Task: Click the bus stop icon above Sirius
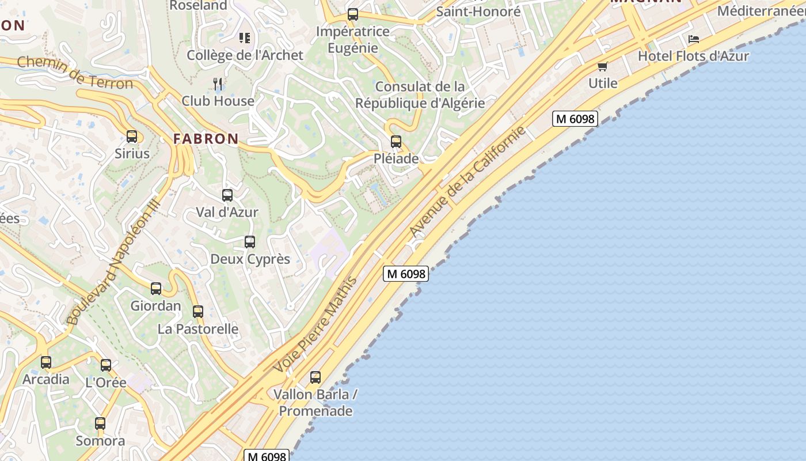pos(132,137)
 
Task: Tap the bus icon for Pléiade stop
pos(396,142)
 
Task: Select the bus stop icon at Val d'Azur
pos(227,195)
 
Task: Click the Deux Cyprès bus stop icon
pos(250,242)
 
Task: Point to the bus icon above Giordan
pos(156,289)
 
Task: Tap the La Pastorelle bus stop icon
pos(198,312)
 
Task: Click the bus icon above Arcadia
pos(46,362)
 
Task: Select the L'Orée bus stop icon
pos(106,365)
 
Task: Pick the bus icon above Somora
pos(100,424)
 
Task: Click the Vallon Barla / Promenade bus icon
pos(315,377)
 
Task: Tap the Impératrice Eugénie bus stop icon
pos(353,14)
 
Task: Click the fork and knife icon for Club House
pos(218,84)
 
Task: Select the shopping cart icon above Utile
pos(603,66)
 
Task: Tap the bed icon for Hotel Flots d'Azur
pos(694,39)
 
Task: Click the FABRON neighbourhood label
pos(206,139)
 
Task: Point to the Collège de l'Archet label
pos(245,55)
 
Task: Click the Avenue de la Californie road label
pos(467,182)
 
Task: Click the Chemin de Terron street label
pos(75,73)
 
